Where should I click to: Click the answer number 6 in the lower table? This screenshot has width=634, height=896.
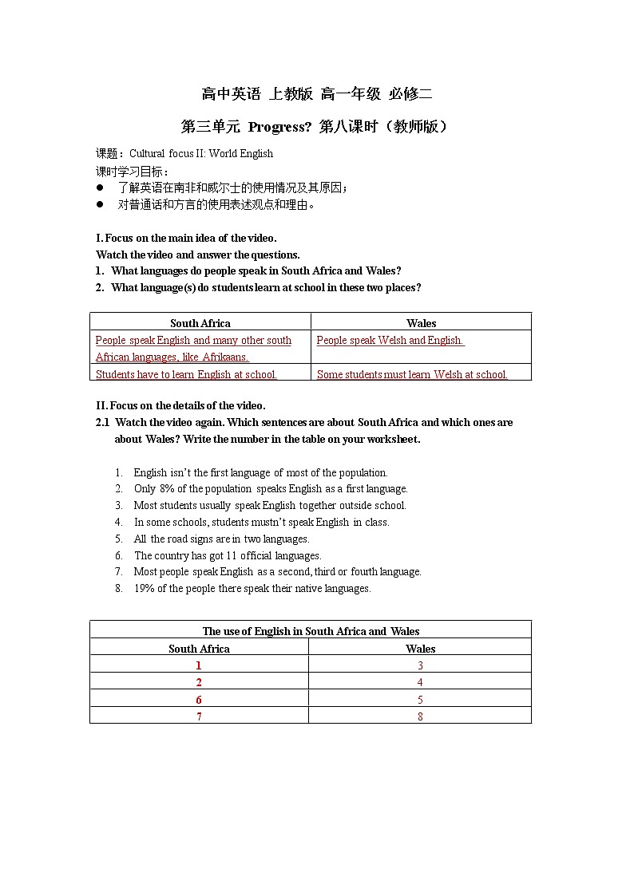tap(199, 700)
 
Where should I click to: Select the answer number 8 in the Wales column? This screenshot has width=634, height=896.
tap(420, 716)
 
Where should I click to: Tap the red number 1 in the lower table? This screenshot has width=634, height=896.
tap(199, 665)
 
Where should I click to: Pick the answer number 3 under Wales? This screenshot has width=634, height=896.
tap(420, 665)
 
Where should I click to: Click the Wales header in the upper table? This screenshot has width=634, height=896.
tap(421, 323)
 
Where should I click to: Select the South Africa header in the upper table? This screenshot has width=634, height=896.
tap(200, 323)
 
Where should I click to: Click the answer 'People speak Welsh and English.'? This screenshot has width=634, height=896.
tap(390, 341)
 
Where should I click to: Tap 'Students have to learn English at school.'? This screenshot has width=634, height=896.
tap(186, 374)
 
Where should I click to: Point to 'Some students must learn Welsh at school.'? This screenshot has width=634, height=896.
tap(412, 374)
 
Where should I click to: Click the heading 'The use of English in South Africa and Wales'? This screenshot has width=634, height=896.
tap(311, 631)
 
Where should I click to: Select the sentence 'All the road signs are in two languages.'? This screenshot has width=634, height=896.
tap(221, 539)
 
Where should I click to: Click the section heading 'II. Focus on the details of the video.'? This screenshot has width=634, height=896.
tap(180, 405)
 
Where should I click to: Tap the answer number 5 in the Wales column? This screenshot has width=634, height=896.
tap(420, 700)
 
